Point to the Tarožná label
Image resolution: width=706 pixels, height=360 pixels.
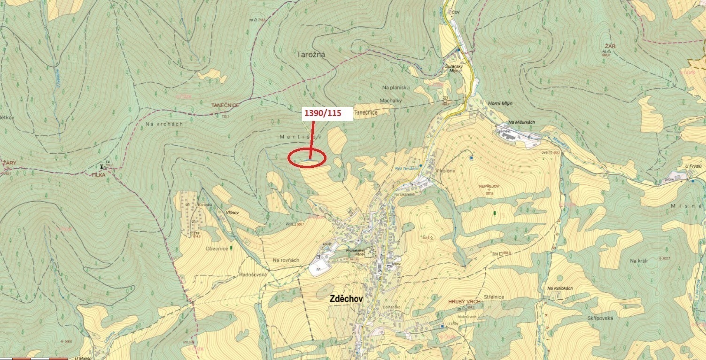(311, 55)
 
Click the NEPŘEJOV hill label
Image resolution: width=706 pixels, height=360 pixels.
(489, 187)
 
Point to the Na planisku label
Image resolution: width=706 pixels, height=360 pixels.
(396, 87)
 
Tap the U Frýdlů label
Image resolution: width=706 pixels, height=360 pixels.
(692, 166)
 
